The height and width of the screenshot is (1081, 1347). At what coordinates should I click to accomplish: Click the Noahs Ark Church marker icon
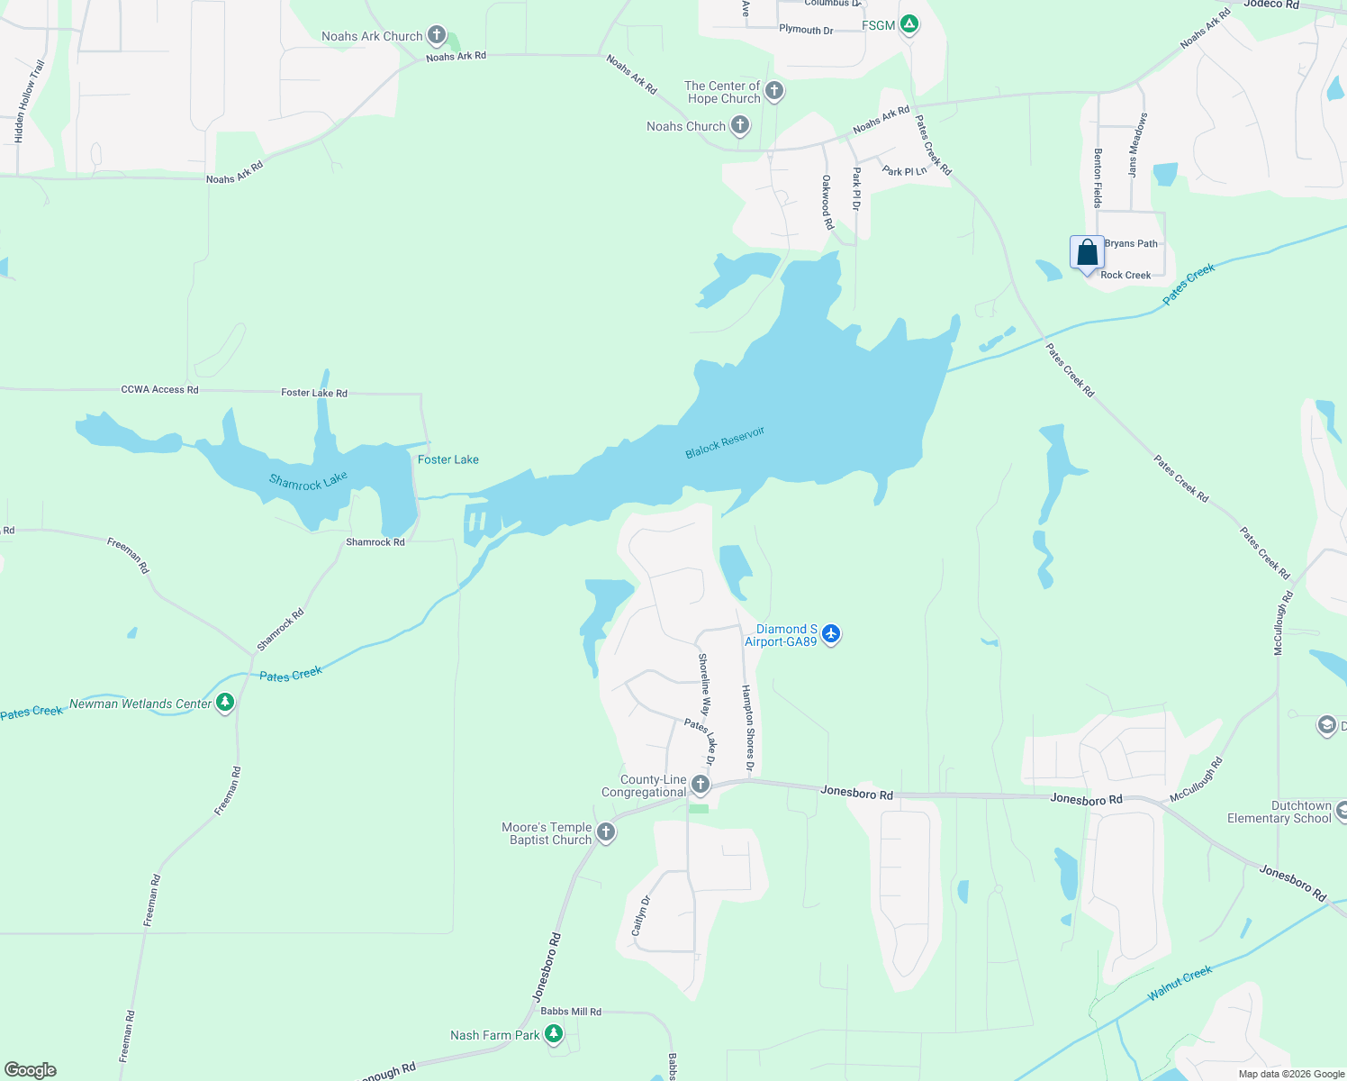pos(437,36)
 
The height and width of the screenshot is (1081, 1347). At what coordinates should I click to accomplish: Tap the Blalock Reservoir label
pos(725,442)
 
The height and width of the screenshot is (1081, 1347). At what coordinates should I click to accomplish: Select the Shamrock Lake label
pos(308,482)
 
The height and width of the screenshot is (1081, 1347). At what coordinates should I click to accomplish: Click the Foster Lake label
pos(448,459)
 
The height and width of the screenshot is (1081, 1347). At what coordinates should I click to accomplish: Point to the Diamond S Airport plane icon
pos(831,635)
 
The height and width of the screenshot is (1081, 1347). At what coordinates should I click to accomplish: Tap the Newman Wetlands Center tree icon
pos(225,703)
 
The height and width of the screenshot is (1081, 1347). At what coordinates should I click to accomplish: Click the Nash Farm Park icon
pos(555,1034)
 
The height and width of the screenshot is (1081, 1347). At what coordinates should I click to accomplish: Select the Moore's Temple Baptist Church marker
pos(606,832)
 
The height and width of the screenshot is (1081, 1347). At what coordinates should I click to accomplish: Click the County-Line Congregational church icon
pos(701,786)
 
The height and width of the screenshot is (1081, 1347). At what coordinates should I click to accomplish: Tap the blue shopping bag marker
pos(1087,252)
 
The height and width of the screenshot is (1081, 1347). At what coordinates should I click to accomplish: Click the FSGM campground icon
pos(909,25)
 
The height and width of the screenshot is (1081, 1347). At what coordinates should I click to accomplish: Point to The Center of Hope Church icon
pos(774,91)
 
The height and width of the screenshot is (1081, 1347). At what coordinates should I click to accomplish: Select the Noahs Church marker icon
pos(740,126)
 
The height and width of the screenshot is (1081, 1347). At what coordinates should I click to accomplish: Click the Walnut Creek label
pos(1180,983)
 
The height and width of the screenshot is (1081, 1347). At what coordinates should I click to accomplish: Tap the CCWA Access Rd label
pos(159,389)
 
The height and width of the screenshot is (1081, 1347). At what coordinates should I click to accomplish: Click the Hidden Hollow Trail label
pos(29,101)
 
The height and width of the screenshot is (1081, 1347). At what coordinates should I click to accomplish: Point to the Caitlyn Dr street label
pos(640,915)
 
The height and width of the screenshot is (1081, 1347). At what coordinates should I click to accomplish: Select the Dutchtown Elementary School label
pos(1279,812)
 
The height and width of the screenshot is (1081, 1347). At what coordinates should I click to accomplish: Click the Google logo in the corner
pos(31,1069)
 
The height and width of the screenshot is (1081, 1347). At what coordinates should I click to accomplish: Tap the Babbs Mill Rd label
pos(571,1012)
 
